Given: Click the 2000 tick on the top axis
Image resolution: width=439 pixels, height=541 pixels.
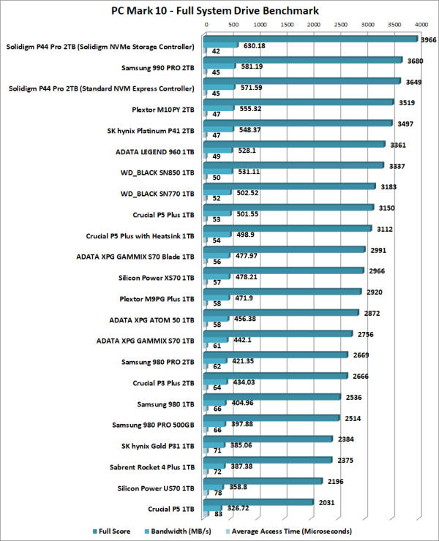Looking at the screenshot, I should coord(313,23).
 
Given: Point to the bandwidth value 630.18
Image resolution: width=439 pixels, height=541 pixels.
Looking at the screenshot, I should coord(258,45).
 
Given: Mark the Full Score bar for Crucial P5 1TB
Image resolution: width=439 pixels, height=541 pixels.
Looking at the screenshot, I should coord(260,502).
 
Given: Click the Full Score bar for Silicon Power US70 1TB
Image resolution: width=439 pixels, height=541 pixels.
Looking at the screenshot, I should coord(265,481).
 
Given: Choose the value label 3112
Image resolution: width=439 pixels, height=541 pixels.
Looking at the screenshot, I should coord(384,229).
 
